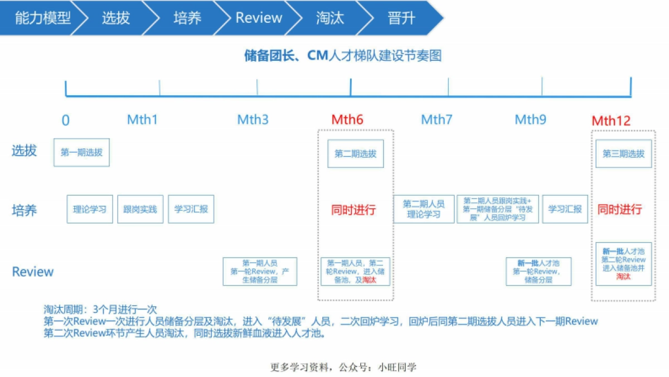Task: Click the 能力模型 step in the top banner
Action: tap(42, 18)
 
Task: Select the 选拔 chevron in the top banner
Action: tap(116, 18)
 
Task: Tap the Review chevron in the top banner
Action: tap(259, 18)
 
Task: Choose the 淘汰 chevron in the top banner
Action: tap(330, 18)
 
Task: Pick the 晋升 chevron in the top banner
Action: tap(401, 18)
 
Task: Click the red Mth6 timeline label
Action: tap(347, 119)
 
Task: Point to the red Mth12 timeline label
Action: tap(611, 120)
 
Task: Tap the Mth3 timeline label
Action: tap(253, 119)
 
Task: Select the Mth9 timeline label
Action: tap(530, 119)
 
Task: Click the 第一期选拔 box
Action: tap(81, 152)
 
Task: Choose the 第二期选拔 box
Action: tap(355, 153)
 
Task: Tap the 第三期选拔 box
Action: tap(623, 153)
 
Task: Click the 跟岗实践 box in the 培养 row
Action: tap(140, 209)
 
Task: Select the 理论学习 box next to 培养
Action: tap(90, 209)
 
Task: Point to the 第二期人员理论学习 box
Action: tap(424, 209)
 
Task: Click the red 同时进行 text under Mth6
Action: tap(353, 210)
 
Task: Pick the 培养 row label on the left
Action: tap(25, 210)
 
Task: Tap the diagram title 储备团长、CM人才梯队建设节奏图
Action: tap(343, 56)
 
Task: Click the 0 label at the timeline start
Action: tap(66, 120)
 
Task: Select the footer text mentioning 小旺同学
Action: tap(343, 367)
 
